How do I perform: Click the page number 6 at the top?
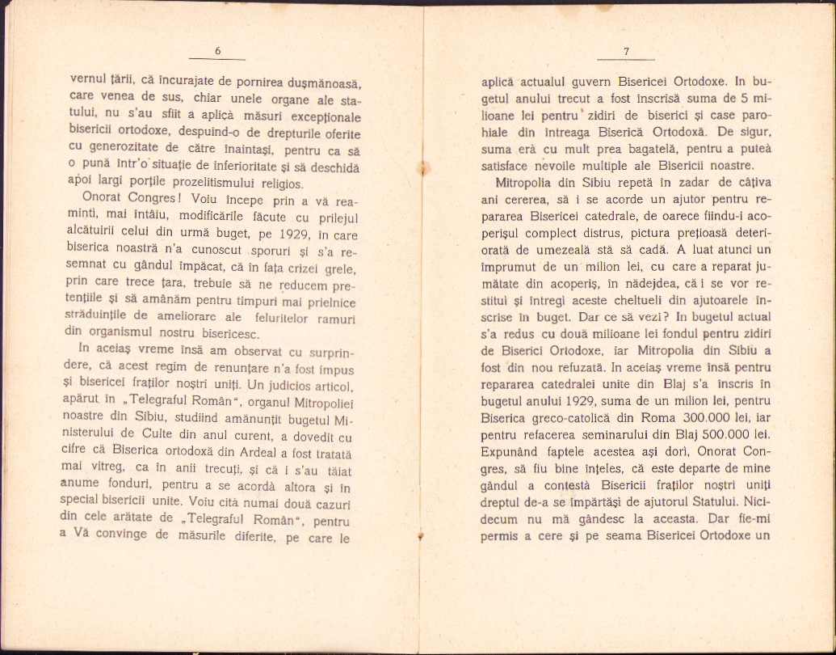click(218, 52)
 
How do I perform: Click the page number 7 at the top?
click(626, 52)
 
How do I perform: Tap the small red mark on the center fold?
click(421, 535)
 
